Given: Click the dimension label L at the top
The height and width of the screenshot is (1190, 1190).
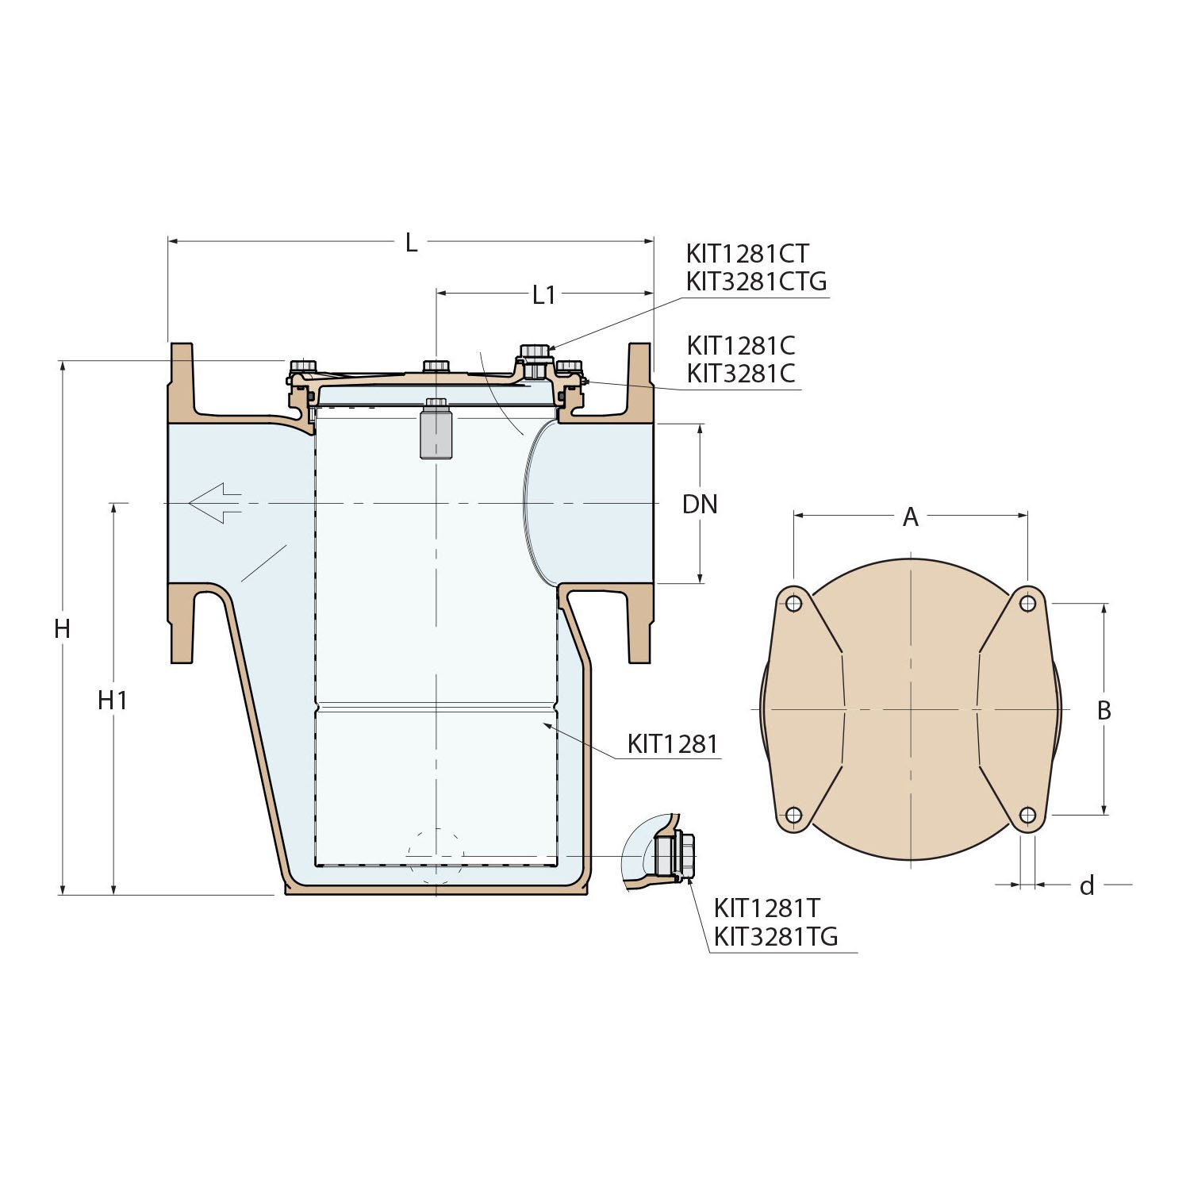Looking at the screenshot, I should click(x=411, y=244).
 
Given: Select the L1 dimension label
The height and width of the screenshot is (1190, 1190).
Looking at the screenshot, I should click(x=543, y=295).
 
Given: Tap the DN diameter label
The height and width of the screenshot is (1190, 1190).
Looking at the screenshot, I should click(x=700, y=505).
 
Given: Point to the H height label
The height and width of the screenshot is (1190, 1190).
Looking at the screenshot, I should click(x=62, y=629).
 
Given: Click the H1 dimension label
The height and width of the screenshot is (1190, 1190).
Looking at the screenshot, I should click(x=113, y=701).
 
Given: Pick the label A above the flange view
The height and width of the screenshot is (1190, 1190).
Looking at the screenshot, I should click(x=911, y=518).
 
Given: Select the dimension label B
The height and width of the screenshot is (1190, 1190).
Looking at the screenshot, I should click(x=1104, y=711).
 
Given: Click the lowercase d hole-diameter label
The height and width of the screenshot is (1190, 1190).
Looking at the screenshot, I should click(x=1087, y=885).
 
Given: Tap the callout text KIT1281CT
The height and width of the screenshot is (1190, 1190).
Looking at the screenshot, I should click(x=747, y=254).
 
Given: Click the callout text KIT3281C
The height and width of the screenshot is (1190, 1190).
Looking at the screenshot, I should click(x=741, y=374).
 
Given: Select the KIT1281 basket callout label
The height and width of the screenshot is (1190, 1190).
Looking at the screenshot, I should click(x=672, y=744).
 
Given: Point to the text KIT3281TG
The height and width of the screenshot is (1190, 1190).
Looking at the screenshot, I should click(x=775, y=937).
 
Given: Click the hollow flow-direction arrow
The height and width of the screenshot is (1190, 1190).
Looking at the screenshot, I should click(x=215, y=503).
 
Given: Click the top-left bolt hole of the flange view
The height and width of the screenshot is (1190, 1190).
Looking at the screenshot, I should click(x=793, y=604).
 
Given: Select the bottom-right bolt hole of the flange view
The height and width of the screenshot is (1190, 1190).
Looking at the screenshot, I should click(x=1027, y=815).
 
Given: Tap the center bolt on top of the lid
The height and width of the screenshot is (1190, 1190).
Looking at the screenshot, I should click(x=436, y=367).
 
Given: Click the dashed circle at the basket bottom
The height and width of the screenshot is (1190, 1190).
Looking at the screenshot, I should click(x=435, y=857).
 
